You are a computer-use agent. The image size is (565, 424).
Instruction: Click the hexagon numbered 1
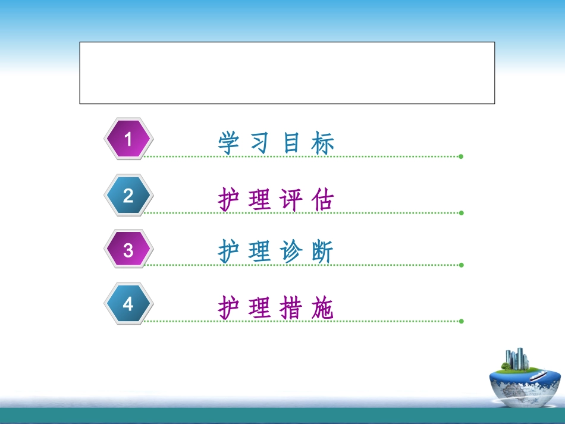pyautogui.click(x=128, y=139)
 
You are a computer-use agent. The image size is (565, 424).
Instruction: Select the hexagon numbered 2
pyautogui.click(x=128, y=195)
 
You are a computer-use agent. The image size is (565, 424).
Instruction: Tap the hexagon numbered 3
pyautogui.click(x=128, y=250)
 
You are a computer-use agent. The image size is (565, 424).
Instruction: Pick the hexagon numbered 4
pyautogui.click(x=128, y=304)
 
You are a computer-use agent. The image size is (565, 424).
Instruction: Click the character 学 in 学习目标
pyautogui.click(x=228, y=143)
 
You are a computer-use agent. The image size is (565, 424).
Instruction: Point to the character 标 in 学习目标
pyautogui.click(x=323, y=143)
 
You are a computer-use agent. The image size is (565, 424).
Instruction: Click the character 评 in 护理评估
pyautogui.click(x=291, y=200)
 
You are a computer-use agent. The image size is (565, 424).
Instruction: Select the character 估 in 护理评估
pyautogui.click(x=323, y=200)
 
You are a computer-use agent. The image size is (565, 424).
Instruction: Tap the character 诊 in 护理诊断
pyautogui.click(x=291, y=252)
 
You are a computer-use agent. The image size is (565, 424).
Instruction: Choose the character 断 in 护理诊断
pyautogui.click(x=323, y=252)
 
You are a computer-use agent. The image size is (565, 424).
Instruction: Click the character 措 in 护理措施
pyautogui.click(x=291, y=308)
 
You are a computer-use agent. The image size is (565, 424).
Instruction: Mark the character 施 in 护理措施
pyautogui.click(x=323, y=308)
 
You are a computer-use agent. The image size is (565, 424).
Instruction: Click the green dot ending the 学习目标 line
pyautogui.click(x=461, y=156)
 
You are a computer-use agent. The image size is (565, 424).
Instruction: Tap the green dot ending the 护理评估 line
pyautogui.click(x=461, y=212)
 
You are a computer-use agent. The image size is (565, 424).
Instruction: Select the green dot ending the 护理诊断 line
pyautogui.click(x=461, y=265)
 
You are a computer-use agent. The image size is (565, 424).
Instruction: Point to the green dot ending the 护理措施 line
pyautogui.click(x=461, y=321)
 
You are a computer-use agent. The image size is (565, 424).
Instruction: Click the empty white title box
pyautogui.click(x=287, y=73)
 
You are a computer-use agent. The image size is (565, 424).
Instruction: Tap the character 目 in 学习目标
pyautogui.click(x=291, y=143)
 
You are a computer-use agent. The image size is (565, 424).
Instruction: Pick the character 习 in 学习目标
pyautogui.click(x=260, y=143)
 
